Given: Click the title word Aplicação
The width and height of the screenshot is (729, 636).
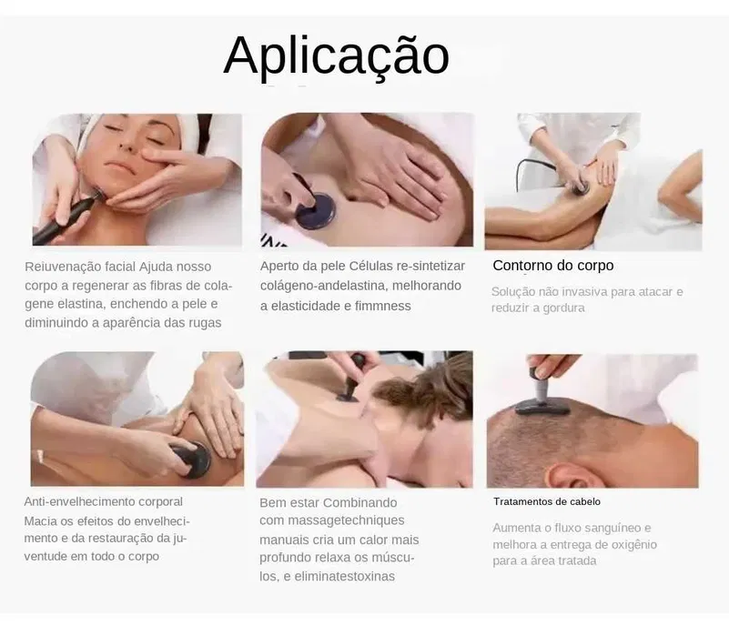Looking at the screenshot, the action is click(336, 56).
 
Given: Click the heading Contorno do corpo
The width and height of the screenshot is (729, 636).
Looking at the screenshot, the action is click(553, 266).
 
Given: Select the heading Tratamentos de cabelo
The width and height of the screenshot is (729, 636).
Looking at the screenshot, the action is click(547, 501).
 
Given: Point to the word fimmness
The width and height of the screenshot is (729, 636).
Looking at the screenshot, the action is click(382, 306).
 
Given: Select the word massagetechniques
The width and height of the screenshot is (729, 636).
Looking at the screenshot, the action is click(346, 520).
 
